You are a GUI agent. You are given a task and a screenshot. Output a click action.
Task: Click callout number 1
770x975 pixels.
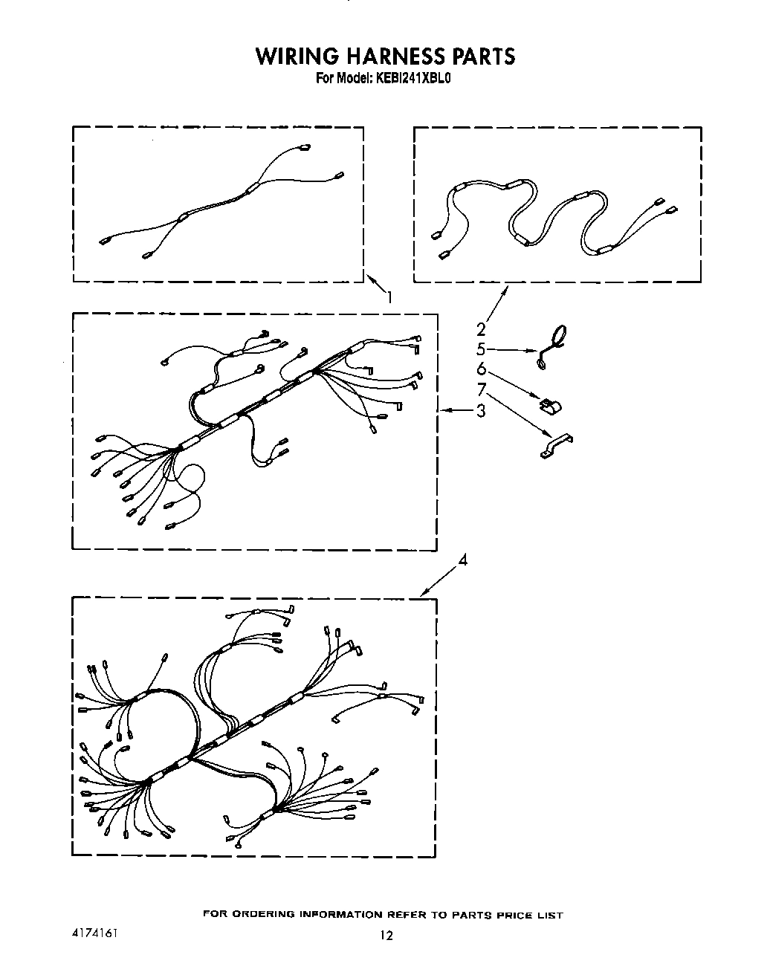pyautogui.click(x=388, y=297)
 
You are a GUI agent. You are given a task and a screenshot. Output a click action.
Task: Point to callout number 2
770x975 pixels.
pyautogui.click(x=481, y=328)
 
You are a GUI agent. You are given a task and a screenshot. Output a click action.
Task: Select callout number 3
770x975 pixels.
pyautogui.click(x=481, y=409)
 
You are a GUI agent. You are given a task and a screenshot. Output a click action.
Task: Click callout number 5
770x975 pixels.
pyautogui.click(x=481, y=349)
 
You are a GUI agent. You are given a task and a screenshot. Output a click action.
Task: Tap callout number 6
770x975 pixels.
pyautogui.click(x=481, y=369)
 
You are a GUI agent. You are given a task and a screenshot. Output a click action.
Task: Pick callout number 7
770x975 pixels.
pyautogui.click(x=481, y=389)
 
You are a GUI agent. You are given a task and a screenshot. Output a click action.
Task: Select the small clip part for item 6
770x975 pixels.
pyautogui.click(x=551, y=406)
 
